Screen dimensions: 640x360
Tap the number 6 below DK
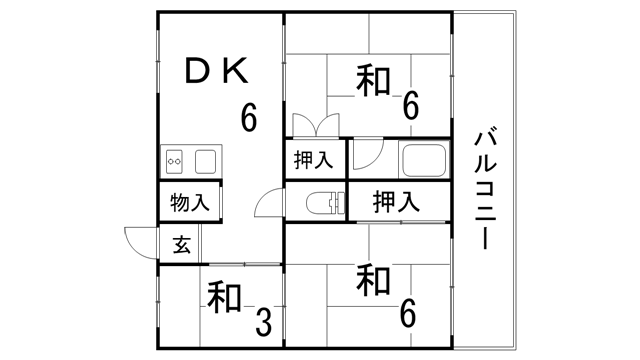248,118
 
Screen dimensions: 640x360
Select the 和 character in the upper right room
372,80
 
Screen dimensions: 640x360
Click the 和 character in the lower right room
372,279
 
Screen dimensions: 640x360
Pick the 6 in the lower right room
407,314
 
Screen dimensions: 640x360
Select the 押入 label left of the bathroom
314,161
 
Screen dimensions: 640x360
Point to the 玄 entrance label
182,244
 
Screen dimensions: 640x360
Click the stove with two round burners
175,160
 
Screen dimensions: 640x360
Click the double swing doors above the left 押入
315,127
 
